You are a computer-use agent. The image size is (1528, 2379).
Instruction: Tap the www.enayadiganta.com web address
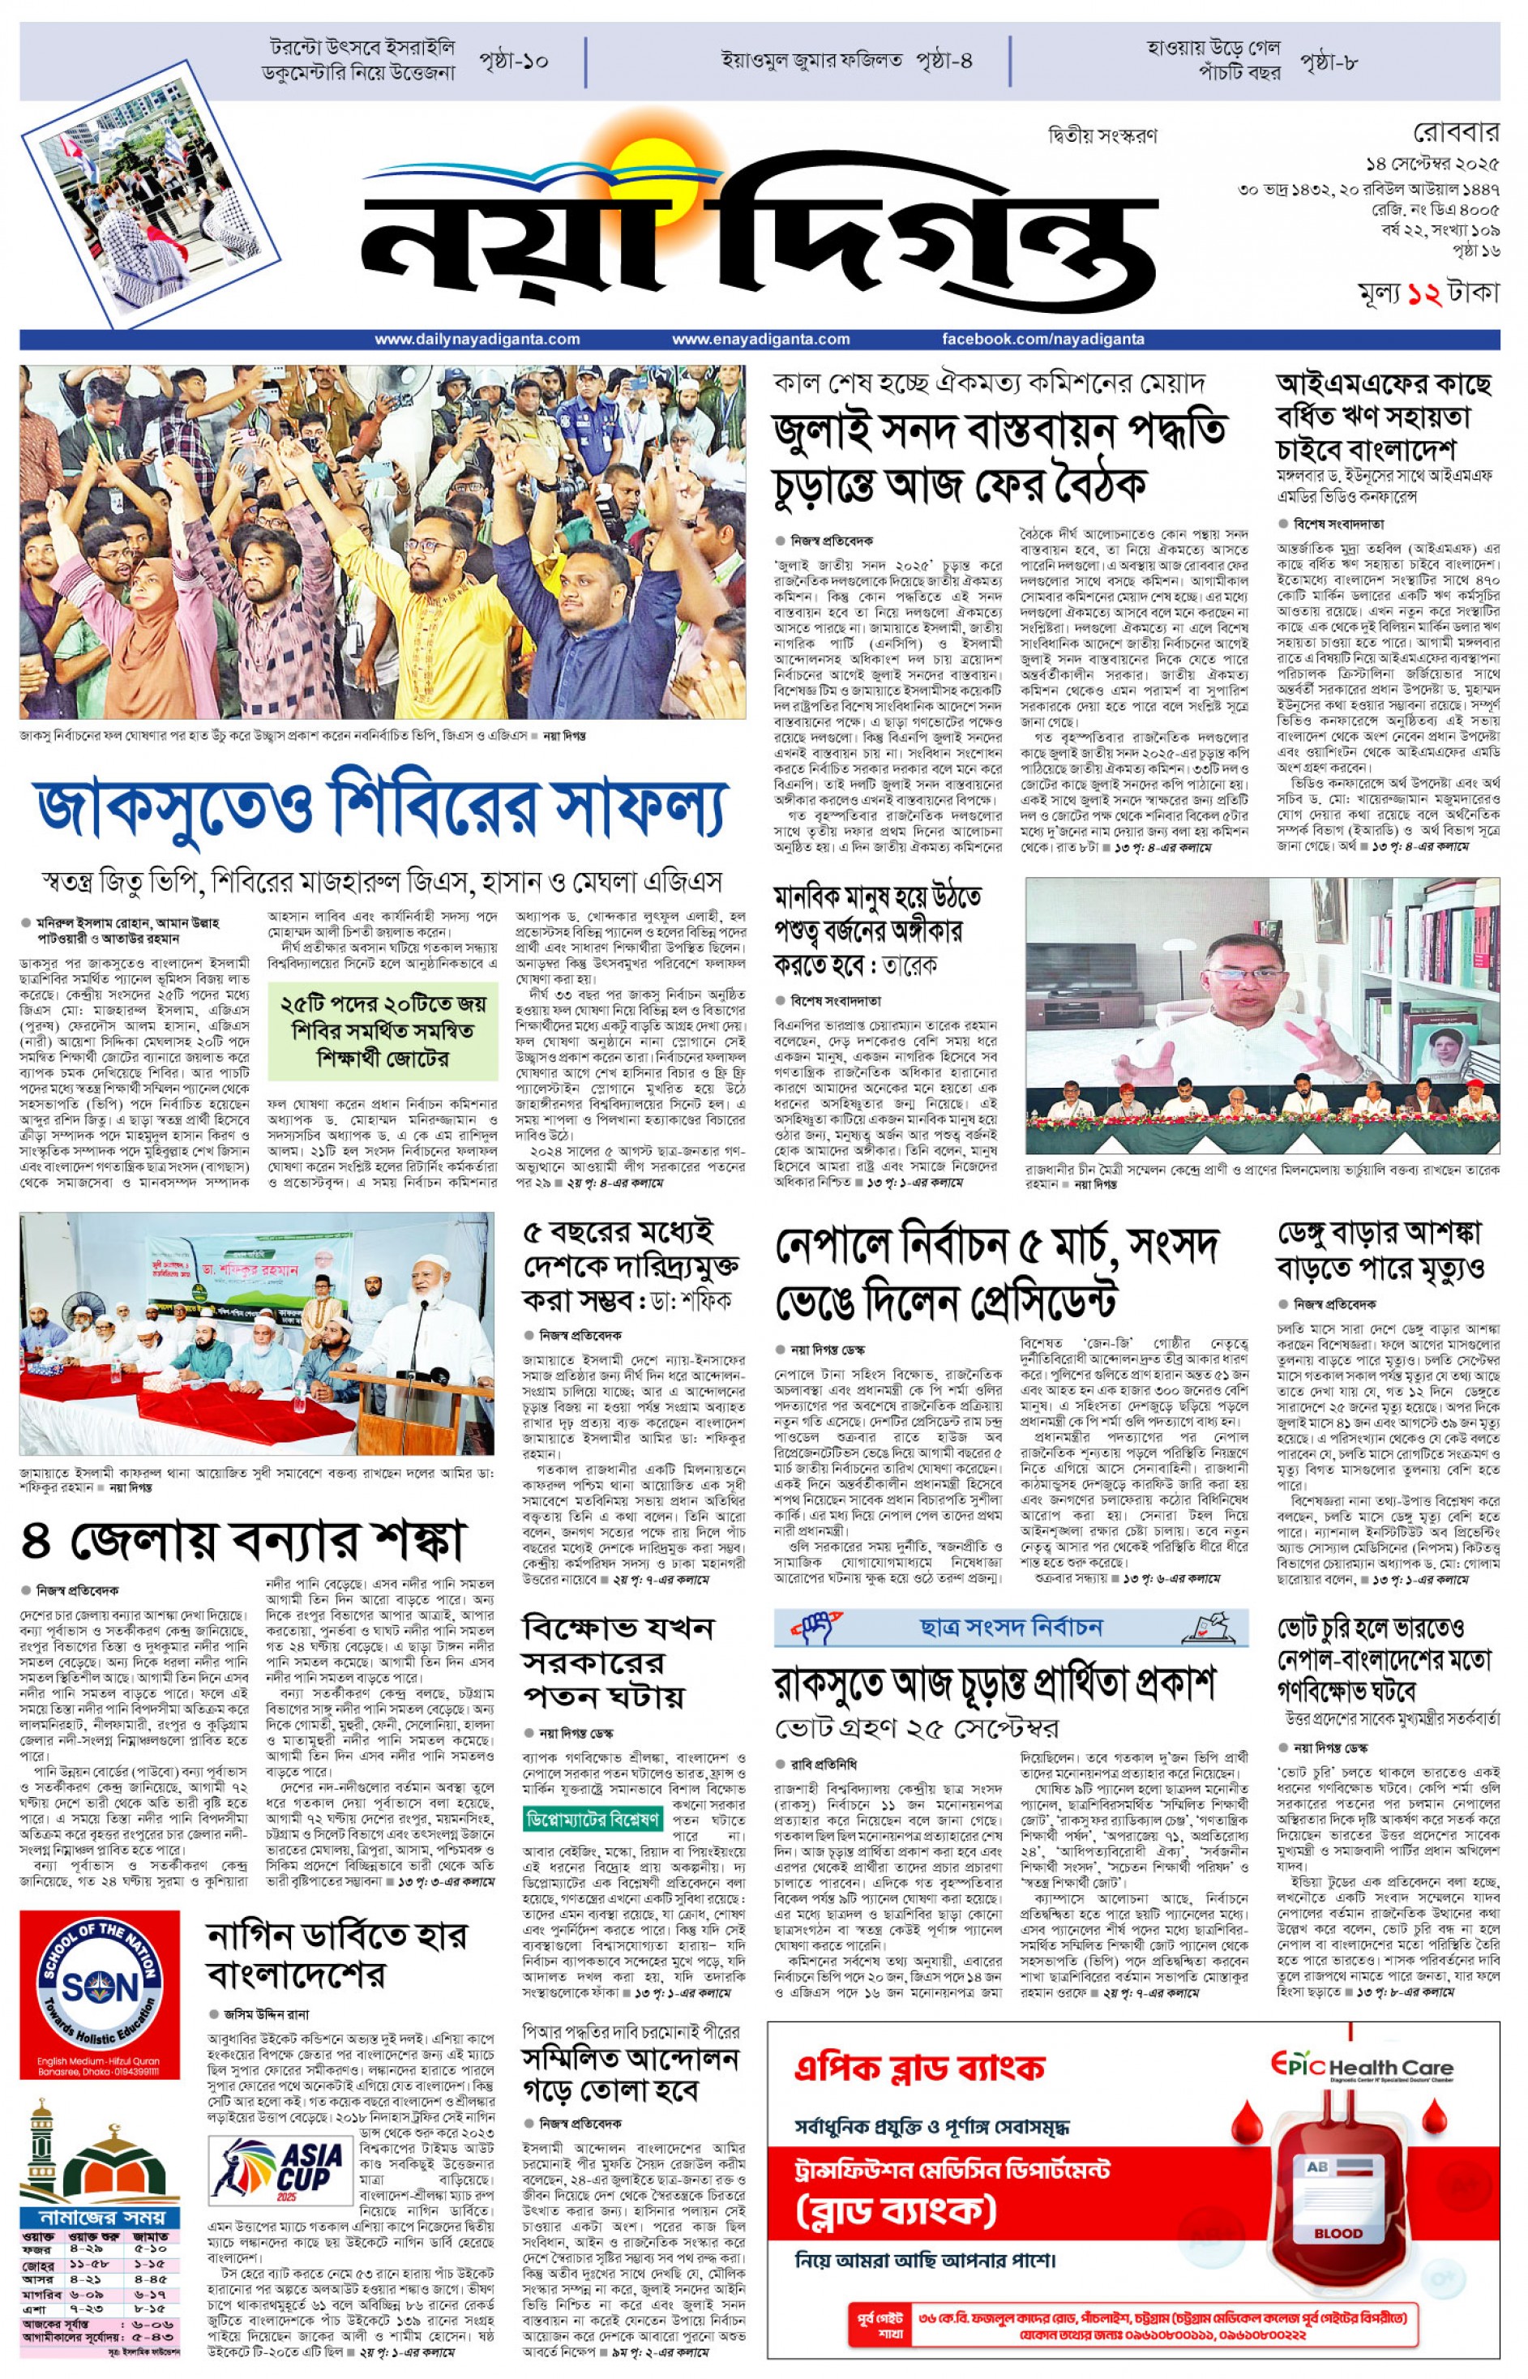tap(760, 340)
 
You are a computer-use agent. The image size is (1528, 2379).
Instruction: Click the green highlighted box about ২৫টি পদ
tap(383, 1031)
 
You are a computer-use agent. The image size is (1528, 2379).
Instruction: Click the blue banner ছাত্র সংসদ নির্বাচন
tap(1009, 1627)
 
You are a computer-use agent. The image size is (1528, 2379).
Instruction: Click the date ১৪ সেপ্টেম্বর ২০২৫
tap(1430, 163)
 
